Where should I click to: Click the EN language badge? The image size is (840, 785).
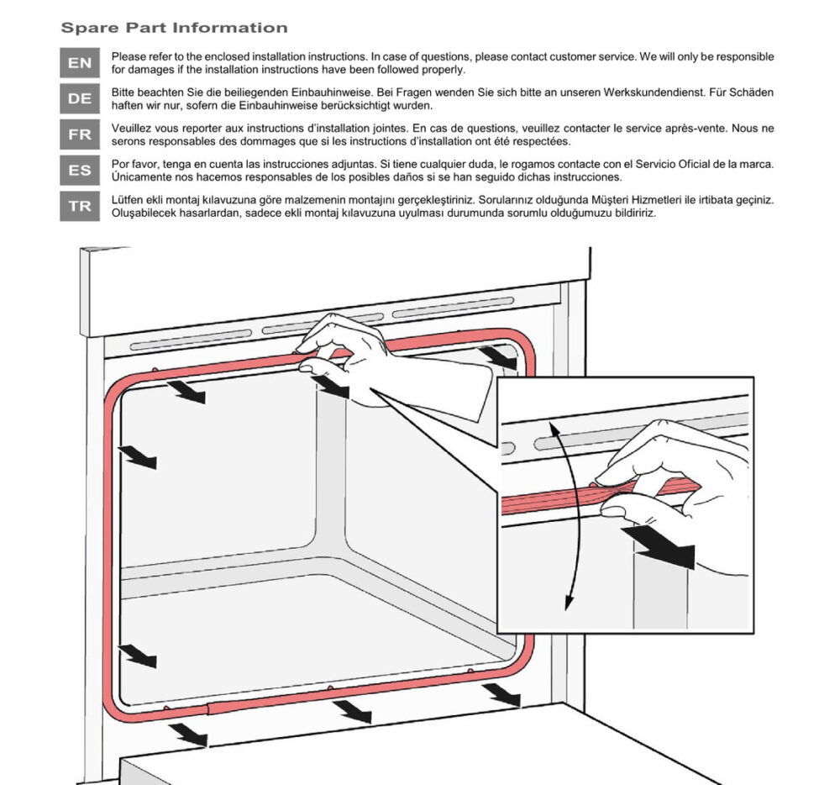(80, 63)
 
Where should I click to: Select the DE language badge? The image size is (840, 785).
(80, 98)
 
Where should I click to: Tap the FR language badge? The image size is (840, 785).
(80, 134)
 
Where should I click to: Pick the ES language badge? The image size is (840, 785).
(80, 171)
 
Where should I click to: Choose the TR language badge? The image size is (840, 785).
(80, 207)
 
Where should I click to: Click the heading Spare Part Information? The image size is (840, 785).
(174, 28)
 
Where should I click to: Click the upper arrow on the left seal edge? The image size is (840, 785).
(137, 457)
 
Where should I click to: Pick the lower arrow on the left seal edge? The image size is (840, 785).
(137, 655)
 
